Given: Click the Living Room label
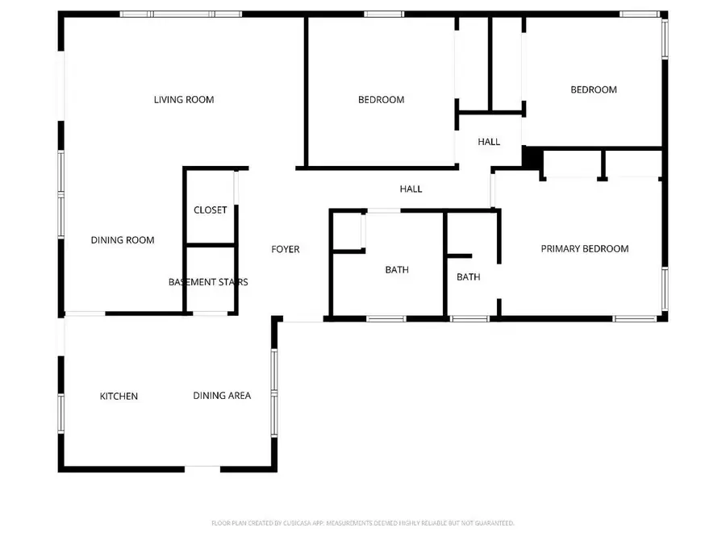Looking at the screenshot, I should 184,100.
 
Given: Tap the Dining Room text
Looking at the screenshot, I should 122,240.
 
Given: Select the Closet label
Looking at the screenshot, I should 211,210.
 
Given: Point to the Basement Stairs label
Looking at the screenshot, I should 208,282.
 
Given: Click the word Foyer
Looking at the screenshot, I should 285,249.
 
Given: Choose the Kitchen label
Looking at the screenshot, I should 119,396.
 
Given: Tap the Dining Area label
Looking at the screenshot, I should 222,395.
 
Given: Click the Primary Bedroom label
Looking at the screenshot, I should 584,249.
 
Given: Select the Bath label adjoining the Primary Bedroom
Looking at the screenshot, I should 469,277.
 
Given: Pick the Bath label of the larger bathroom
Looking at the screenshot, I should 397,270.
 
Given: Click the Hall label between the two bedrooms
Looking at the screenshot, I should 489,142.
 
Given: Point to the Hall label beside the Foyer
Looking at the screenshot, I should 411,189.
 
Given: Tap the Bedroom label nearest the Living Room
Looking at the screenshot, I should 381,100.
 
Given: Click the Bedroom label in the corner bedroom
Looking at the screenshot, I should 594,90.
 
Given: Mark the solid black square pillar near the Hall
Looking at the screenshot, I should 532,157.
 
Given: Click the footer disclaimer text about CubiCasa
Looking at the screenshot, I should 363,523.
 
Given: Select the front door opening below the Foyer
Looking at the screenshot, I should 303,321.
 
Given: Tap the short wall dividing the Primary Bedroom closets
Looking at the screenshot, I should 602,164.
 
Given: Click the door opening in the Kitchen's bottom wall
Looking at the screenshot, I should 202,467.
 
